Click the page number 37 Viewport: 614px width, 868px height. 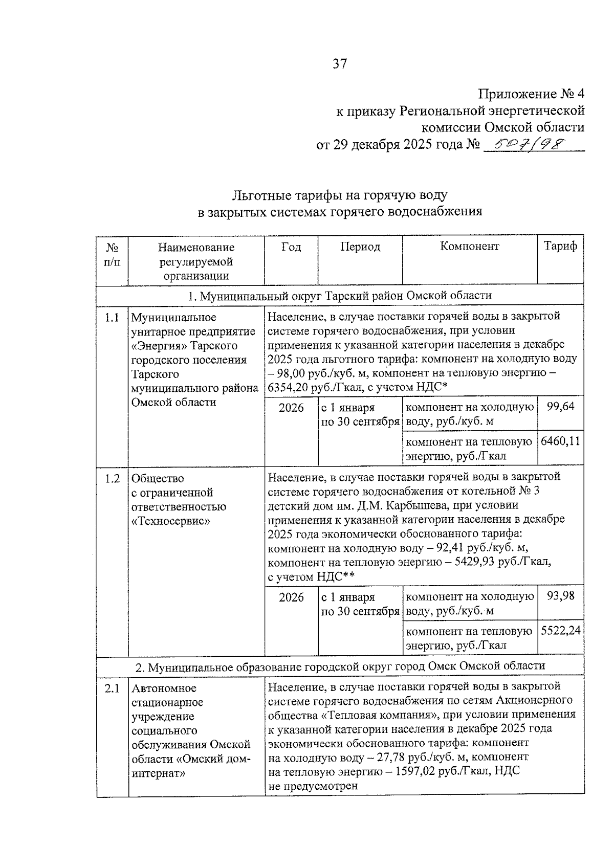[x=340, y=64]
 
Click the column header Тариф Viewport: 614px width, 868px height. [x=560, y=247]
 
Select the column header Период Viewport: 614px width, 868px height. [x=360, y=247]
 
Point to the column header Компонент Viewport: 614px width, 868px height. [x=469, y=247]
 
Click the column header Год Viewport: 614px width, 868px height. [x=291, y=247]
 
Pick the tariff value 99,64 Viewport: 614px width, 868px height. [x=560, y=407]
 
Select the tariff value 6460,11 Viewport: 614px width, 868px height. [x=560, y=441]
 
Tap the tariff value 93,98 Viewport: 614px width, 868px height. [x=560, y=596]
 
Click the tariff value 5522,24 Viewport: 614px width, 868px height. [x=560, y=631]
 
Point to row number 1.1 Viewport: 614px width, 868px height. [x=112, y=318]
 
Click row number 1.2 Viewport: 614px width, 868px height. [x=112, y=479]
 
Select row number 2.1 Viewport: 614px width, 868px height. [x=112, y=688]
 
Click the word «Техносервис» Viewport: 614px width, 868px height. [x=171, y=521]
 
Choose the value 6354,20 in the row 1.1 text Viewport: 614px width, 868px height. [x=290, y=388]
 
